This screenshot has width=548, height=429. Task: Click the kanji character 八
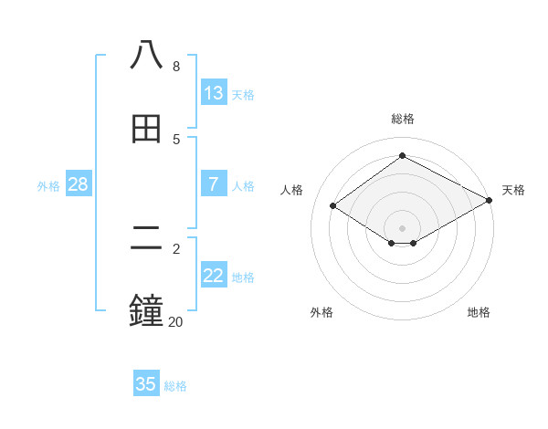click(x=147, y=56)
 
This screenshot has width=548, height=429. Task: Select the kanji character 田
click(x=147, y=129)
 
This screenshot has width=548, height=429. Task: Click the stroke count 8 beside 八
click(x=176, y=67)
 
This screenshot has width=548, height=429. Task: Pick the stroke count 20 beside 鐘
click(x=175, y=321)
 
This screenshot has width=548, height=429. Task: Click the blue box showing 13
click(x=214, y=93)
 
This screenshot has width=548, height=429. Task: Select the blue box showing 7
click(x=214, y=184)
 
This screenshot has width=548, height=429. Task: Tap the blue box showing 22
click(x=214, y=276)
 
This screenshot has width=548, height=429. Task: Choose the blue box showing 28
click(x=79, y=184)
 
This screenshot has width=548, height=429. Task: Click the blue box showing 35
click(x=146, y=384)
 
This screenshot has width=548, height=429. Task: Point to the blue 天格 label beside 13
click(x=243, y=94)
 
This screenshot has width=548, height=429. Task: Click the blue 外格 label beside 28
click(x=48, y=185)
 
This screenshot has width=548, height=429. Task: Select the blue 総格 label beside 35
click(x=175, y=386)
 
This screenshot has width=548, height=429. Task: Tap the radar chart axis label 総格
click(x=403, y=119)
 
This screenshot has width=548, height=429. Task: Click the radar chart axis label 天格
click(x=513, y=190)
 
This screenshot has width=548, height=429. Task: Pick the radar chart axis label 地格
click(x=479, y=312)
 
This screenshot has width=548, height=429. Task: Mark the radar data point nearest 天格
click(x=490, y=201)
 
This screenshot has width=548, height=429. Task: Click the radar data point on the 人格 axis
click(x=333, y=206)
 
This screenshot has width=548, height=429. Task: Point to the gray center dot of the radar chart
click(x=403, y=227)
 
